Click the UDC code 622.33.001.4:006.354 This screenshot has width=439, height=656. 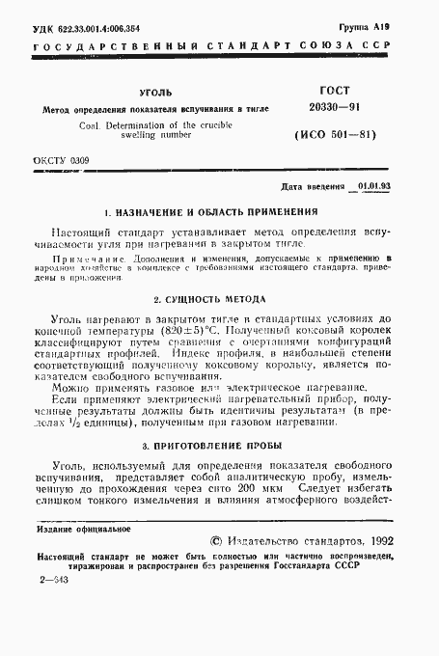96,31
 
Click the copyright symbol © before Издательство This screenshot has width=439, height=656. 215,542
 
